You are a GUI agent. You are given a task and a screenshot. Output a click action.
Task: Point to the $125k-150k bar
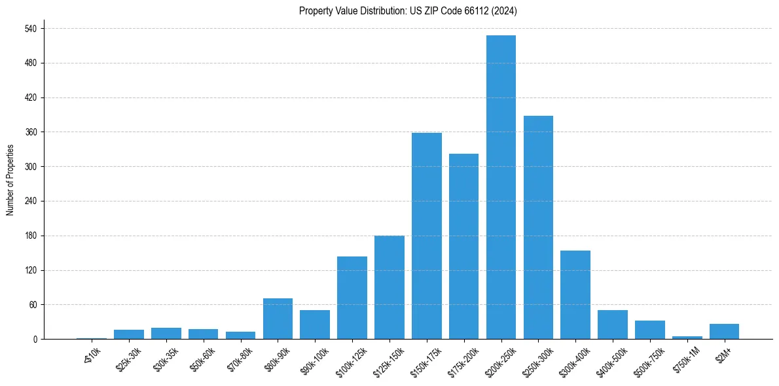389,287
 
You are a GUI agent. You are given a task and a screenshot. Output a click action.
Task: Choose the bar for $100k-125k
352,298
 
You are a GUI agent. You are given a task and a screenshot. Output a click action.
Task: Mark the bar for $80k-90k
278,319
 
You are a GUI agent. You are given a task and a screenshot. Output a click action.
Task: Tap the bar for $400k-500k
613,325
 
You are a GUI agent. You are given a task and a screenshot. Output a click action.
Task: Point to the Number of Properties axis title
10,180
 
